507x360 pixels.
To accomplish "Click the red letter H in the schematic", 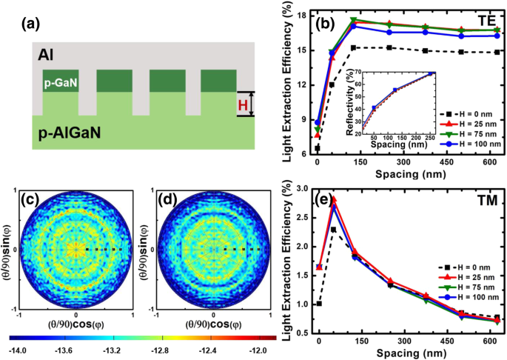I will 241,104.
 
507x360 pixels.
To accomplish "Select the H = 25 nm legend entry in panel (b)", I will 463,119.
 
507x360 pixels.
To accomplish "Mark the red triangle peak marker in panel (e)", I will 334,199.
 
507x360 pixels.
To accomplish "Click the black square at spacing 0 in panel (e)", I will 318,304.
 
